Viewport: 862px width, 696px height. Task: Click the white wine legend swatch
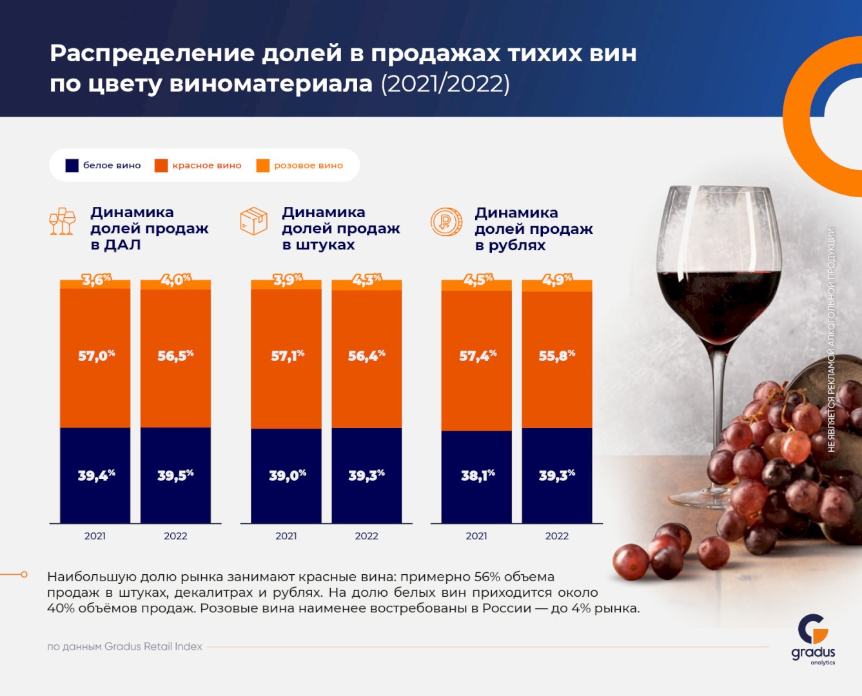(72, 166)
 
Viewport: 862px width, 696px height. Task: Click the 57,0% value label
(96, 355)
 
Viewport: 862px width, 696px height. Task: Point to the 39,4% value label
(96, 476)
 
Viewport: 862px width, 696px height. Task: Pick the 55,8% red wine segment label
(556, 355)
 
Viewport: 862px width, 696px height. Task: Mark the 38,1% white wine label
(478, 476)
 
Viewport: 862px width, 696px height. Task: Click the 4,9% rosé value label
(556, 280)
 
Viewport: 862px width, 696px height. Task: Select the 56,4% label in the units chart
(366, 355)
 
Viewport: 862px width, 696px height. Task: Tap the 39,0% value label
(287, 476)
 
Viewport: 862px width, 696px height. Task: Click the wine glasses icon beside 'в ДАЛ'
(63, 221)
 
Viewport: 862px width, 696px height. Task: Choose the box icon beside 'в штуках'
(253, 221)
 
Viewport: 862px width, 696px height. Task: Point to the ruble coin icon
(446, 222)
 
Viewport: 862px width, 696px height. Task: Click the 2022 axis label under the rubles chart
(556, 536)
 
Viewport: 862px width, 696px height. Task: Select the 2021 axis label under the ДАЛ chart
(95, 536)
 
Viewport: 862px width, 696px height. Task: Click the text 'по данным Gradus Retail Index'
(124, 646)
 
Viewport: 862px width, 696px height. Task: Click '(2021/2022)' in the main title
(446, 84)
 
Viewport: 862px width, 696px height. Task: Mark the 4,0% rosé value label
(175, 280)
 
